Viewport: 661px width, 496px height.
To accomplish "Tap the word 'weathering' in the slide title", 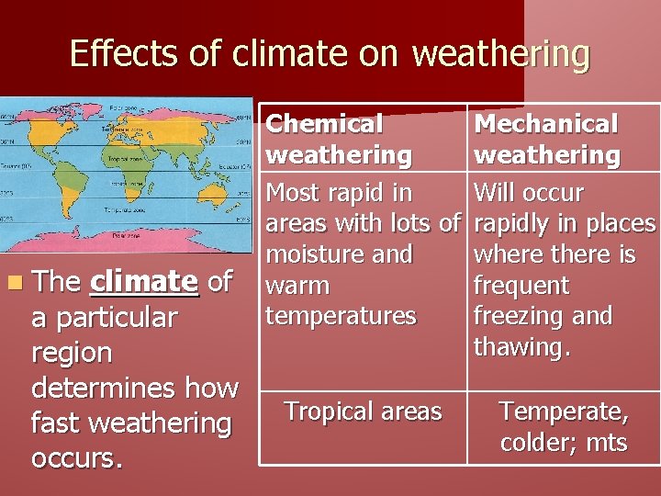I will pyautogui.click(x=500, y=54).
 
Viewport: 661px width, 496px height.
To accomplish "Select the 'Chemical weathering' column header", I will pyautogui.click(x=339, y=139).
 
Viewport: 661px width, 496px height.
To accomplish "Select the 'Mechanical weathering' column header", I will pyautogui.click(x=546, y=139).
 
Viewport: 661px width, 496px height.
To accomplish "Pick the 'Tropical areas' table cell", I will pyautogui.click(x=363, y=411).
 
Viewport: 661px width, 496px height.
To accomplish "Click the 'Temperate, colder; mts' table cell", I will pyautogui.click(x=564, y=427).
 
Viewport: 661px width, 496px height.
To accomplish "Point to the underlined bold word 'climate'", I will pyautogui.click(x=144, y=281).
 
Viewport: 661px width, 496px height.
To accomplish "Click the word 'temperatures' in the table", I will pyautogui.click(x=341, y=316).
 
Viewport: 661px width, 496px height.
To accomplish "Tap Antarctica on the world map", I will pyautogui.click(x=129, y=241).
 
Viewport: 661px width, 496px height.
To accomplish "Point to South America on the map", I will pyautogui.click(x=78, y=188).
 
